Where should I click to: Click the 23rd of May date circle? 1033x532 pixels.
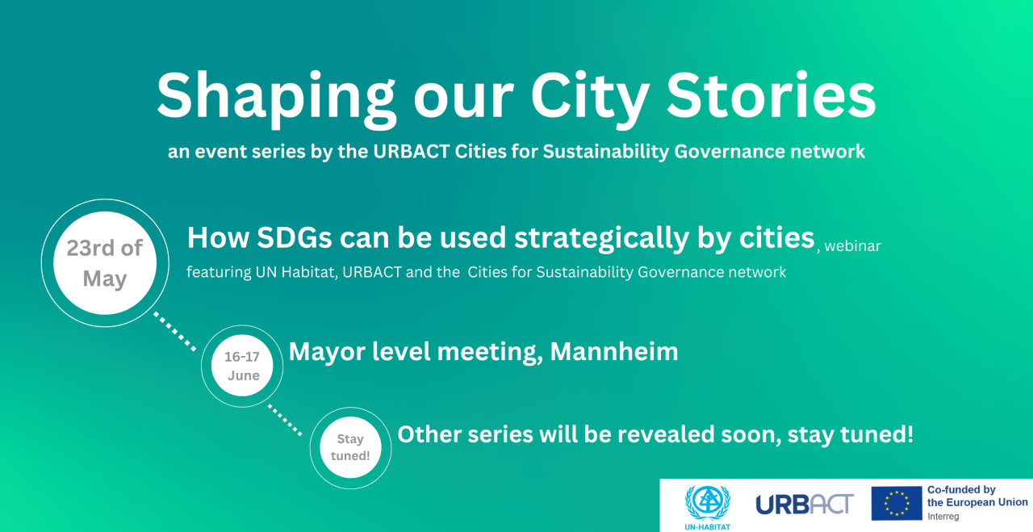[x=104, y=263]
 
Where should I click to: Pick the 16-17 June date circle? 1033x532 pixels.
[x=243, y=366]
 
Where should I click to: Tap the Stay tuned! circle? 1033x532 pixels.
[x=350, y=447]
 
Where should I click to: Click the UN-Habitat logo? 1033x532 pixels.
[x=707, y=504]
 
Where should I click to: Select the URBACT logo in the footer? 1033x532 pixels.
[x=804, y=505]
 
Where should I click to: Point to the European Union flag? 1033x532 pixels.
[x=896, y=503]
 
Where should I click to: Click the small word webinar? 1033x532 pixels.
[x=852, y=246]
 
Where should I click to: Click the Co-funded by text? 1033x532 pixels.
[x=961, y=489]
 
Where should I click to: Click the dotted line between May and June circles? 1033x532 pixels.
[x=176, y=332]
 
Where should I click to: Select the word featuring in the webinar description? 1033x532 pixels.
[x=219, y=272]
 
